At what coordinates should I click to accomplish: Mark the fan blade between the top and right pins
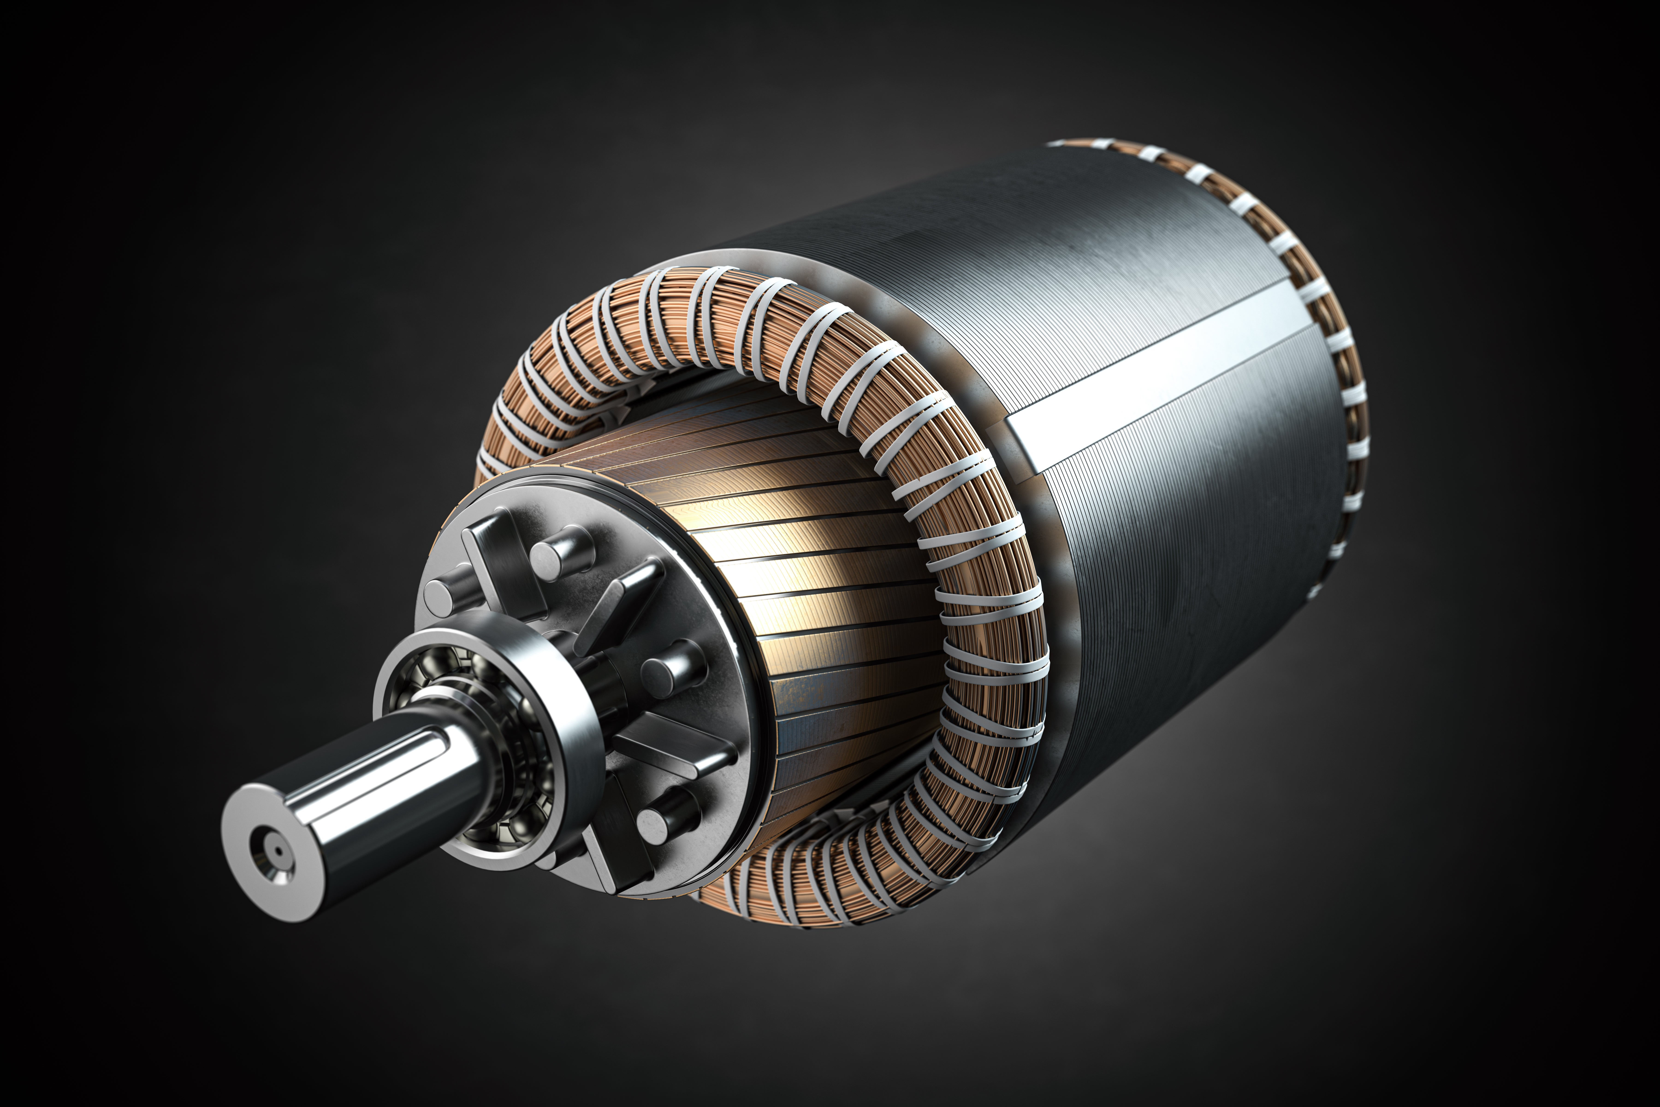point(614,607)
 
